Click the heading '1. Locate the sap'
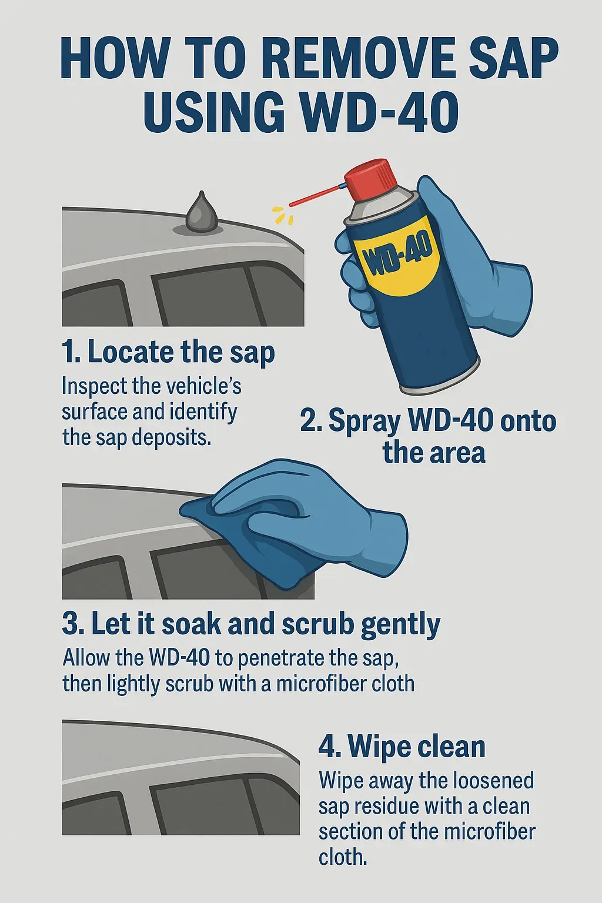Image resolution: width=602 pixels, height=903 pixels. point(168,352)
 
